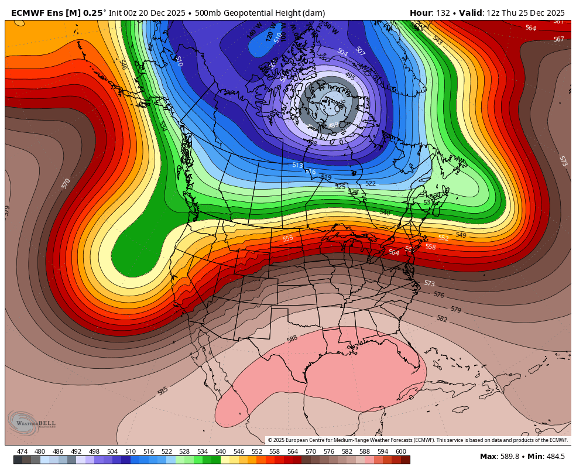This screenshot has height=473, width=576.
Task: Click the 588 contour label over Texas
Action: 292,339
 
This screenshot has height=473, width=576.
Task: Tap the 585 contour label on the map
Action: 163,390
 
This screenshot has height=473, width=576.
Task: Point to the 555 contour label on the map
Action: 287,238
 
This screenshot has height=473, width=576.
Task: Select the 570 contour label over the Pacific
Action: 66,183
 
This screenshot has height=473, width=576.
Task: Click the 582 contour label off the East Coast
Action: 442,318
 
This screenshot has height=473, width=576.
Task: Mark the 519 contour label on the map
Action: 326,177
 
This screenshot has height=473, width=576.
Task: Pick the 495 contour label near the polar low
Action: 349,76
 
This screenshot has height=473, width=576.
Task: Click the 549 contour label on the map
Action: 461,235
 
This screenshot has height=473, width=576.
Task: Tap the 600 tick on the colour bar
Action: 400,451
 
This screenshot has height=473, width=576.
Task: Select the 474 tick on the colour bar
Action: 22,451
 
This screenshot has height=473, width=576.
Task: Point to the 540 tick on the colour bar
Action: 220,451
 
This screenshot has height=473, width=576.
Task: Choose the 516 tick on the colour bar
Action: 148,451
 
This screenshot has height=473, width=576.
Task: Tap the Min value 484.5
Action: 554,457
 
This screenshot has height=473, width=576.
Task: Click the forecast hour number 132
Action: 443,13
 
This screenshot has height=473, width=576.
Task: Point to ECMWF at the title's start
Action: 25,13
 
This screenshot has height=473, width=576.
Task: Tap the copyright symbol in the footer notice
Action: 270,440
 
